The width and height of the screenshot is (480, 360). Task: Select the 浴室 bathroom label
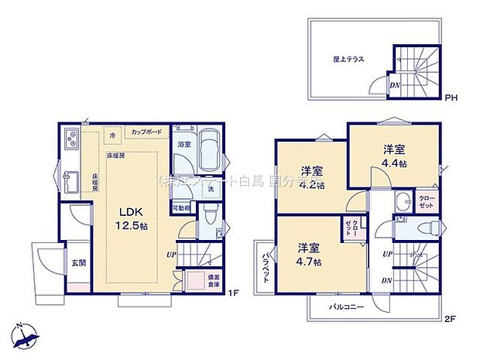coord(183,144)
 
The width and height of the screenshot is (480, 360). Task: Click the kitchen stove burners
coord(70,141)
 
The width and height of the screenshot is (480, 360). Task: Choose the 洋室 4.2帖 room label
coord(312,177)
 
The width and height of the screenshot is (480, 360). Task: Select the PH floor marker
coord(450,98)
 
